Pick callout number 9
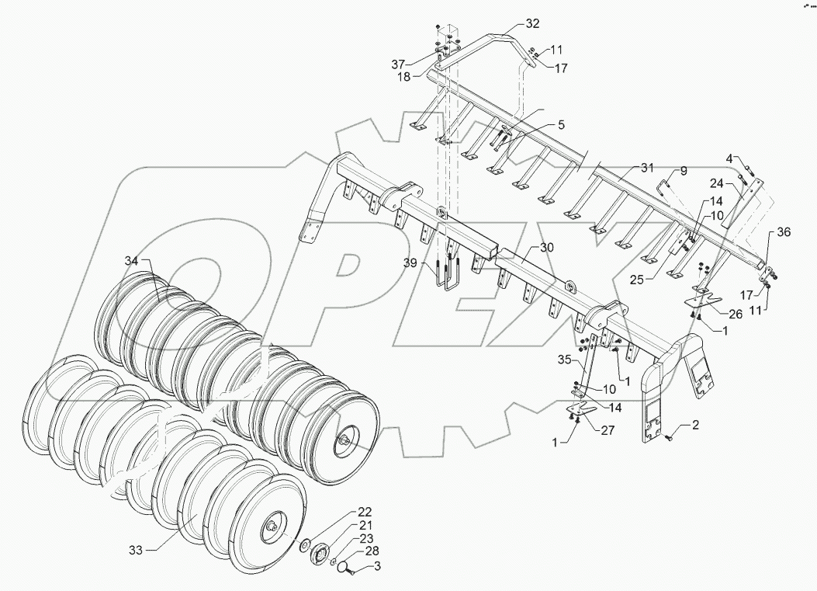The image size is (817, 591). click(x=684, y=170)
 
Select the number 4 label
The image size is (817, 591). click(x=729, y=159)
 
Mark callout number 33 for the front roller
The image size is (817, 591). click(x=135, y=548)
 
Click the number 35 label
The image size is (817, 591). click(x=563, y=360)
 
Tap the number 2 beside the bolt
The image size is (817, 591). click(x=695, y=426)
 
